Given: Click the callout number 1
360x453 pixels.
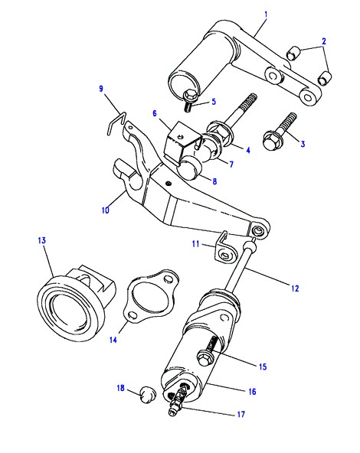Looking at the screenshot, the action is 266,14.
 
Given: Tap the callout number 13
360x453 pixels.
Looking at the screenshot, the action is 42,240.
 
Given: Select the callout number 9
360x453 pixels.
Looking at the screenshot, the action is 101,89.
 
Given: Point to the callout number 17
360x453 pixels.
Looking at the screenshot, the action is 241,414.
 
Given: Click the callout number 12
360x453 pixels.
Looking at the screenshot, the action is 295,288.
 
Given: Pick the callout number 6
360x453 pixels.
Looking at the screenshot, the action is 155,113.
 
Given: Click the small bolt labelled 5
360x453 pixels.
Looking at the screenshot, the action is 188,101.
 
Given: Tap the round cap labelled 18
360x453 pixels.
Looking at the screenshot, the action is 148,395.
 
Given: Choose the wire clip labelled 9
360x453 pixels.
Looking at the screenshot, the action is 116,123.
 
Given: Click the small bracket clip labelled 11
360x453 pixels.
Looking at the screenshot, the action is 225,247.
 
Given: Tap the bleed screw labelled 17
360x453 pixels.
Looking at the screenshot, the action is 177,399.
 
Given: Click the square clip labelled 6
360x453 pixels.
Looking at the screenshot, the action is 182,141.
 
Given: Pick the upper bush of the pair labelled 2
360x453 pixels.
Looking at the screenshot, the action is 293,53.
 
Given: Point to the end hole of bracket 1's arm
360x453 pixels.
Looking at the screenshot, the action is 309,97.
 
